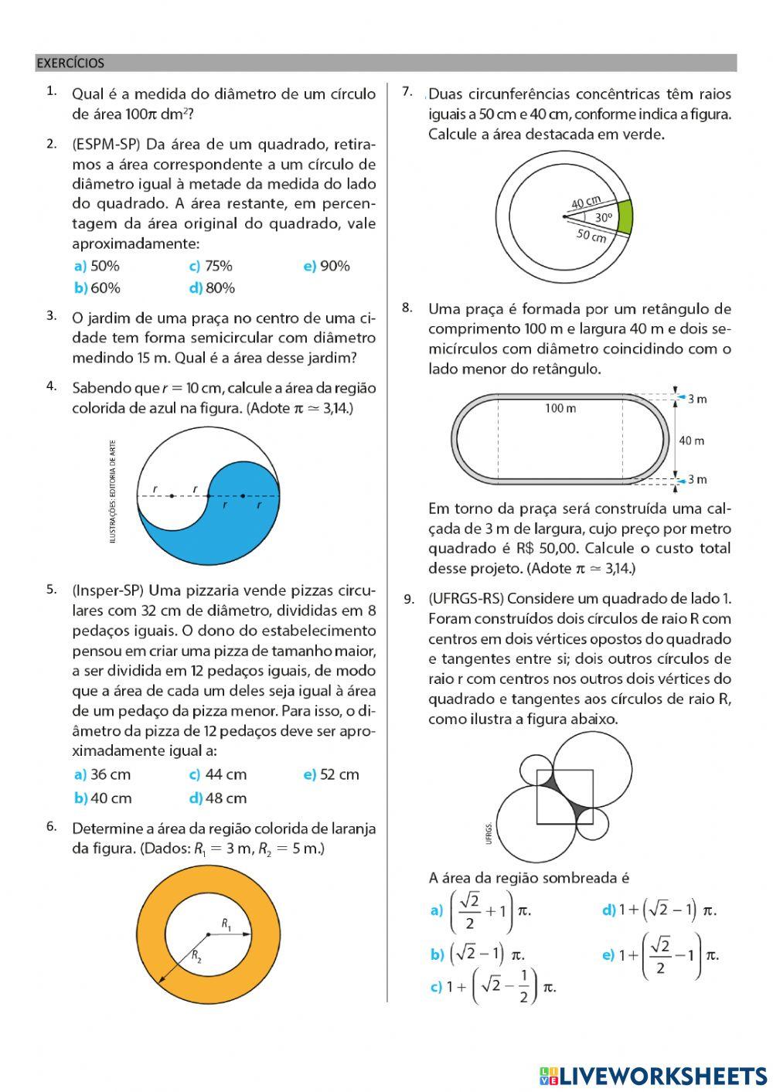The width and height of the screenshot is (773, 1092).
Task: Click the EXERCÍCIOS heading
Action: click(70, 63)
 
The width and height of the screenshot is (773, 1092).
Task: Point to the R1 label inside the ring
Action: click(226, 924)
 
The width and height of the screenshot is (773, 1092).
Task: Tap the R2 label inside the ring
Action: click(196, 957)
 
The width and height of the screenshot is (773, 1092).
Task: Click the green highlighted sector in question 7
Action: click(625, 216)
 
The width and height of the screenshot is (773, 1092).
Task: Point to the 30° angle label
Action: click(604, 218)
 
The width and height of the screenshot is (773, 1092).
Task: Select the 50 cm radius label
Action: click(591, 236)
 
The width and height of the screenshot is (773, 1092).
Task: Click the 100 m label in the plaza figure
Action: click(560, 408)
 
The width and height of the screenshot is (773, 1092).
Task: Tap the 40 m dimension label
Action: click(691, 441)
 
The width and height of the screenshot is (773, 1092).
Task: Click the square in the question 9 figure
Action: click(565, 796)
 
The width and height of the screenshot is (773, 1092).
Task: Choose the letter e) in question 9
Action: click(608, 954)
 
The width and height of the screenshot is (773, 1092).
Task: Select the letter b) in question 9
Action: click(437, 954)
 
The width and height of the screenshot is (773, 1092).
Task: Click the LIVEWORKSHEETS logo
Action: click(653, 1075)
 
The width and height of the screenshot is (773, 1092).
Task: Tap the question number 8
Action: click(407, 308)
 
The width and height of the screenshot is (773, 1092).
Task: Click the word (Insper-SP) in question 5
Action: click(107, 590)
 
